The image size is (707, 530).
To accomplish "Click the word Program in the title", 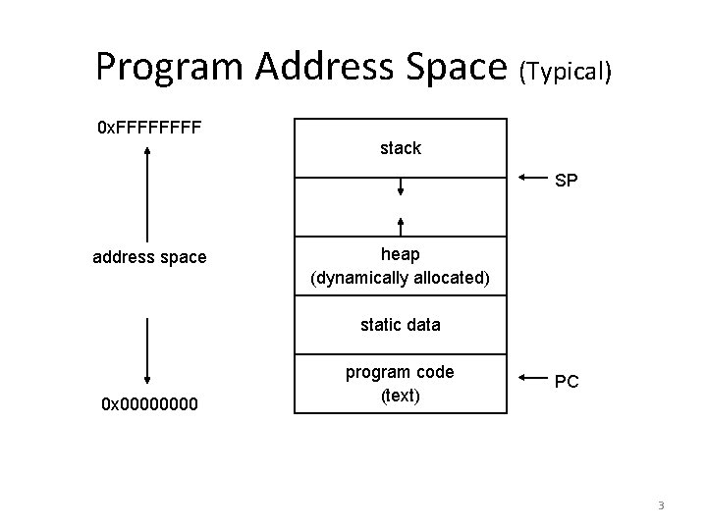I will coord(170,67).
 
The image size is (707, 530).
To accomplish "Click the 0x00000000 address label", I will coord(147,403).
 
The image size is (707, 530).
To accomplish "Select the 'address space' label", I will coord(149,257).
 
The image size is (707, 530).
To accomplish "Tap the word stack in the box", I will coord(401,148).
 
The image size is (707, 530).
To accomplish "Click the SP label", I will coord(567,182).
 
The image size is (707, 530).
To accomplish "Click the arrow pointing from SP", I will coord(532,178).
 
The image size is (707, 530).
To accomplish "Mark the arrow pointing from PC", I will coord(532,377).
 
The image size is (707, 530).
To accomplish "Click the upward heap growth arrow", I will coord(401,226).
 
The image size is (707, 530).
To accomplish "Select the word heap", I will coord(401,254).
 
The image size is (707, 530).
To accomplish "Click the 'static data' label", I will coord(401,324).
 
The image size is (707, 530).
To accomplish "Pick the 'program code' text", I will coord(401,371).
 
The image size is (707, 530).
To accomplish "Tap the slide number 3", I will coord(661,505).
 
